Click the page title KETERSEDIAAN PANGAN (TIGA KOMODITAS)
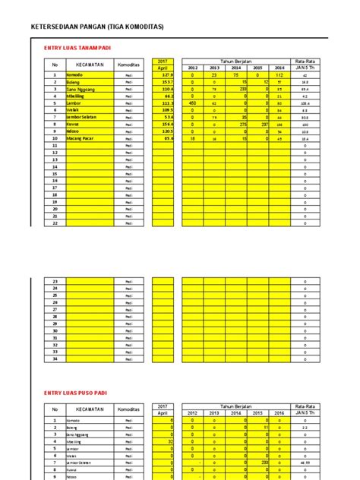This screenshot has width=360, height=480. coord(96,27)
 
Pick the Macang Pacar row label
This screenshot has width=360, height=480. coord(84,139)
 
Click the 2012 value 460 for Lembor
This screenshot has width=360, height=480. coord(192,103)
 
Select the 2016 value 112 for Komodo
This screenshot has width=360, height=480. coord(279,76)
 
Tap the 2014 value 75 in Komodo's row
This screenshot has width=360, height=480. coord(235,76)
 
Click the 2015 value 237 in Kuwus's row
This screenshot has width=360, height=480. coord(257,125)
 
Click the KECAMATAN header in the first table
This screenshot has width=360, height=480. coord(90,65)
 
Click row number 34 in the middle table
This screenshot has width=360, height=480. coord(55,358)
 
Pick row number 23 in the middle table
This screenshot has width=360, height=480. coord(55,282)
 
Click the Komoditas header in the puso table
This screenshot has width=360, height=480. coord(128,410)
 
